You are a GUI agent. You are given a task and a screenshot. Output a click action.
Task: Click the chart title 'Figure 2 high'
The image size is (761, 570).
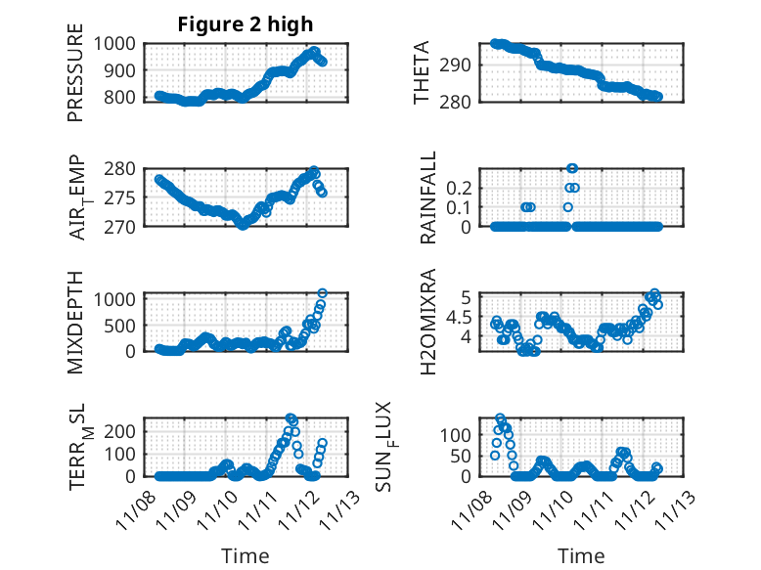coord(246,24)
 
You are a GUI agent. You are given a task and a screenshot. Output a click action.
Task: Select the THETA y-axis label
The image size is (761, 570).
coord(422,73)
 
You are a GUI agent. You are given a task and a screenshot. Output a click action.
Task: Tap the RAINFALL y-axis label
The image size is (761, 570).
coord(427,198)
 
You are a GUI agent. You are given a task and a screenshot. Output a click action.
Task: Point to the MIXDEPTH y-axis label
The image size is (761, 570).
coord(75,321)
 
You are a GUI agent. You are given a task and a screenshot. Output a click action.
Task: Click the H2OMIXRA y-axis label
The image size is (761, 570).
coord(427,322)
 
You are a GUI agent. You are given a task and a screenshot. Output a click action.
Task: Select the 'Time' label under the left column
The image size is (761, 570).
coord(245,555)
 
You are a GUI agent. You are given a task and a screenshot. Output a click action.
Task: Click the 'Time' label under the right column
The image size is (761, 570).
coord(582,555)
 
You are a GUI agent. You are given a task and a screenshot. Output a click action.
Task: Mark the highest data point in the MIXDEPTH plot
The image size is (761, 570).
coord(322,293)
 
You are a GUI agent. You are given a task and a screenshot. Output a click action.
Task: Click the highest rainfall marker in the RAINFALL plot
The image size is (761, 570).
coord(572,168)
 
